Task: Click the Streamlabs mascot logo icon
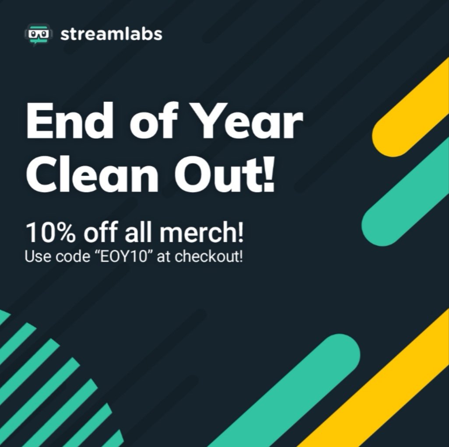[x=38, y=34]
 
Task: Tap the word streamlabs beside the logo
[x=111, y=34]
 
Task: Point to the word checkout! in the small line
[x=209, y=256]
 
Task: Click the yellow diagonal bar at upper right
[x=411, y=109]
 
